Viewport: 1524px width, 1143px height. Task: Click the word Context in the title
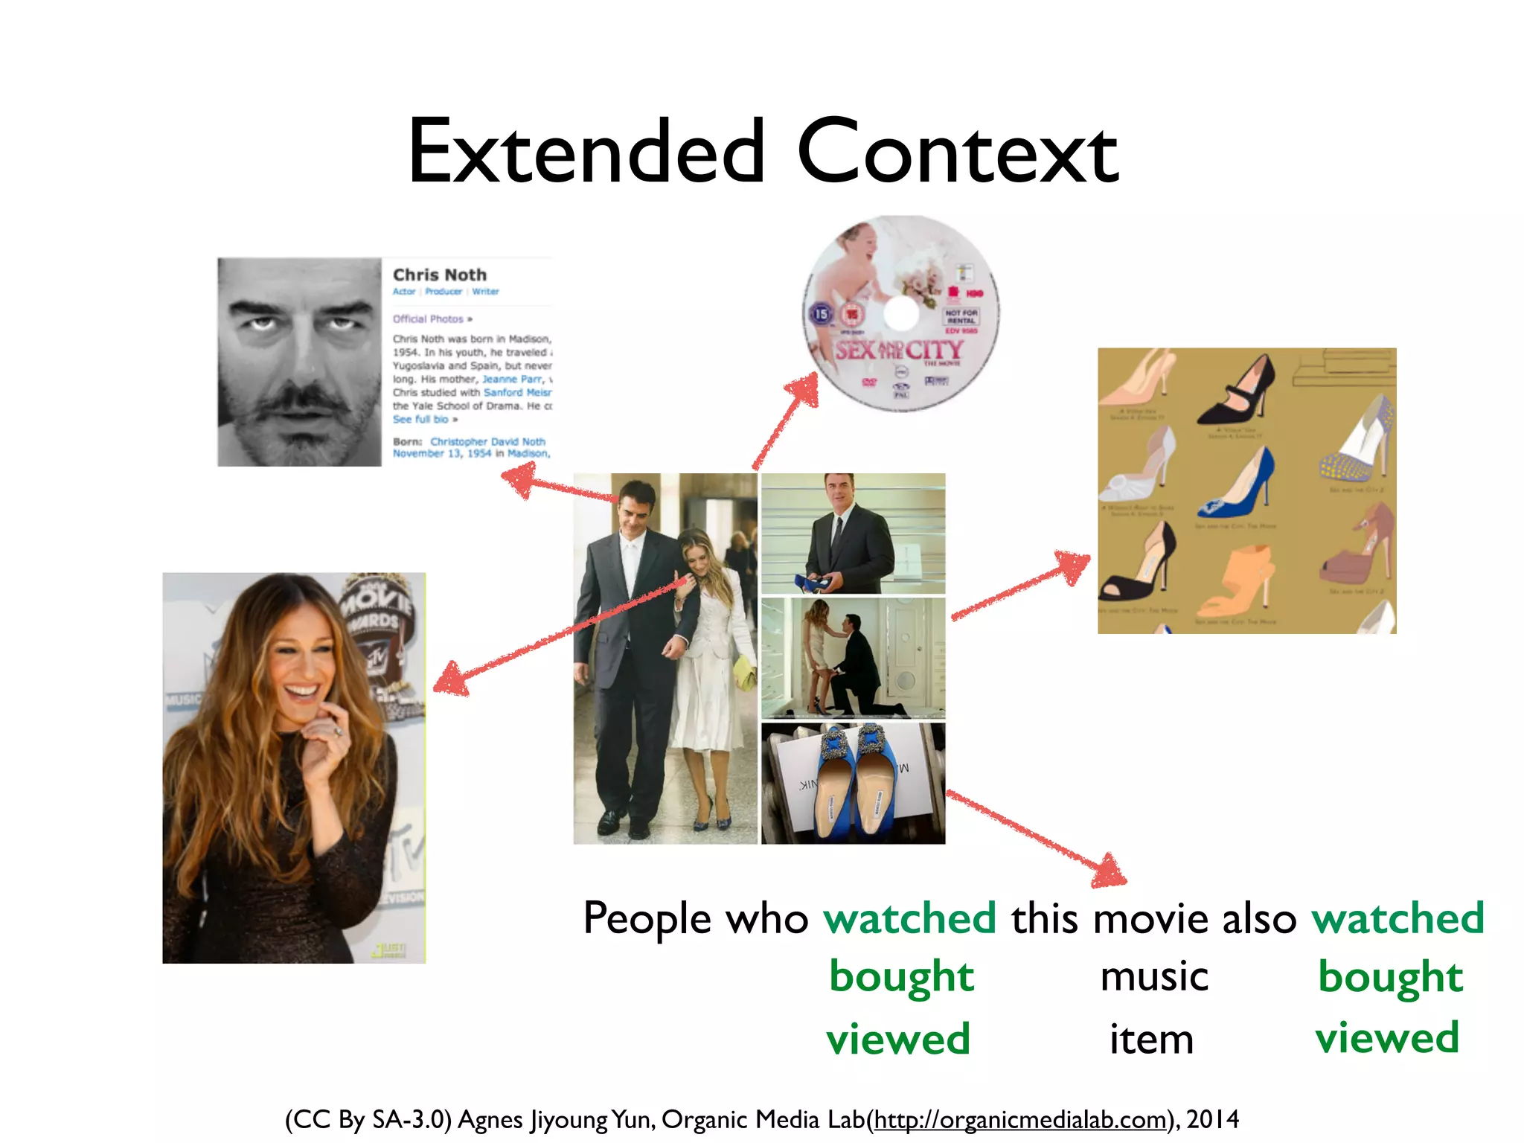958,153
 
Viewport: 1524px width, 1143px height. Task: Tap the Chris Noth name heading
439,275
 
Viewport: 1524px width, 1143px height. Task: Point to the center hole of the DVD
901,314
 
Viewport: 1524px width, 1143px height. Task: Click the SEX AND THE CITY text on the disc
899,350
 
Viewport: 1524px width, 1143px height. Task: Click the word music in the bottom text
1154,976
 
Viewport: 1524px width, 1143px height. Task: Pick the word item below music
1151,1040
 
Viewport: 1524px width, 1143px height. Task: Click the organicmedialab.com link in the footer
1019,1119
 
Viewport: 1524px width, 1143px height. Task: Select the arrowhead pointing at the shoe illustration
1073,566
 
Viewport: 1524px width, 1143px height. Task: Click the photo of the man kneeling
854,657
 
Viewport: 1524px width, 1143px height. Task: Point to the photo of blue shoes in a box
854,783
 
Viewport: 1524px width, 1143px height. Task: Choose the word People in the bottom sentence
647,918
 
